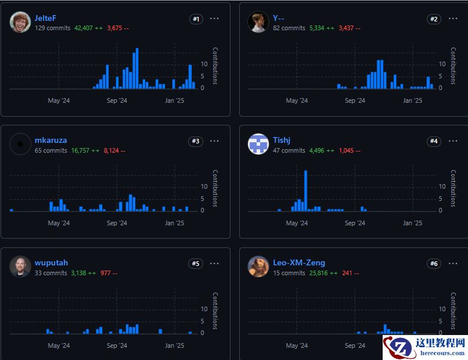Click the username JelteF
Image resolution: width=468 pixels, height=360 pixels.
pyautogui.click(x=45, y=18)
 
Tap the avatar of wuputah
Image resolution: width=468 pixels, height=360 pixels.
pyautogui.click(x=20, y=267)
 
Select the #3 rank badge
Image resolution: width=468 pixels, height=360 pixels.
pyautogui.click(x=196, y=141)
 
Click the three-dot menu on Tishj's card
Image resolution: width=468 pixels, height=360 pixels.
pyautogui.click(x=453, y=141)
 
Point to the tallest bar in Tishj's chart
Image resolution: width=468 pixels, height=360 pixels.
pyautogui.click(x=305, y=190)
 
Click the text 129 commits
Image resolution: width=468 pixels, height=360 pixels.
pyautogui.click(x=52, y=28)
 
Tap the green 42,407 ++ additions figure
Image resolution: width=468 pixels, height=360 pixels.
pyautogui.click(x=88, y=28)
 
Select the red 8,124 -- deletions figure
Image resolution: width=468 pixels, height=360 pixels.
pyautogui.click(x=114, y=150)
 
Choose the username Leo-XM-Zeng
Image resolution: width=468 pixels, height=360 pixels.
pyautogui.click(x=299, y=262)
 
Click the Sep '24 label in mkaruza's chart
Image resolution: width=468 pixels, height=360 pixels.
pyautogui.click(x=117, y=223)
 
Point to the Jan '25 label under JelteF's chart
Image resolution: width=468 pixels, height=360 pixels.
pyautogui.click(x=174, y=100)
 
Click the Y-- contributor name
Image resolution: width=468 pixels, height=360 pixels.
pyautogui.click(x=279, y=18)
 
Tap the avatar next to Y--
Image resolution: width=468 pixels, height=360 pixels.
pyautogui.click(x=258, y=22)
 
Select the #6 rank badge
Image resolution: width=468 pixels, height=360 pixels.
pyautogui.click(x=434, y=264)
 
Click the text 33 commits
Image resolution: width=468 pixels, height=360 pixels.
pyautogui.click(x=51, y=273)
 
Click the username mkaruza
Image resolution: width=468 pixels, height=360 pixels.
pyautogui.click(x=51, y=141)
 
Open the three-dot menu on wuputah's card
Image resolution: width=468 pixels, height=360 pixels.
pyautogui.click(x=214, y=264)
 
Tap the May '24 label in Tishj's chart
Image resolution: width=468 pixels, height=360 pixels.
pyautogui.click(x=297, y=223)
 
